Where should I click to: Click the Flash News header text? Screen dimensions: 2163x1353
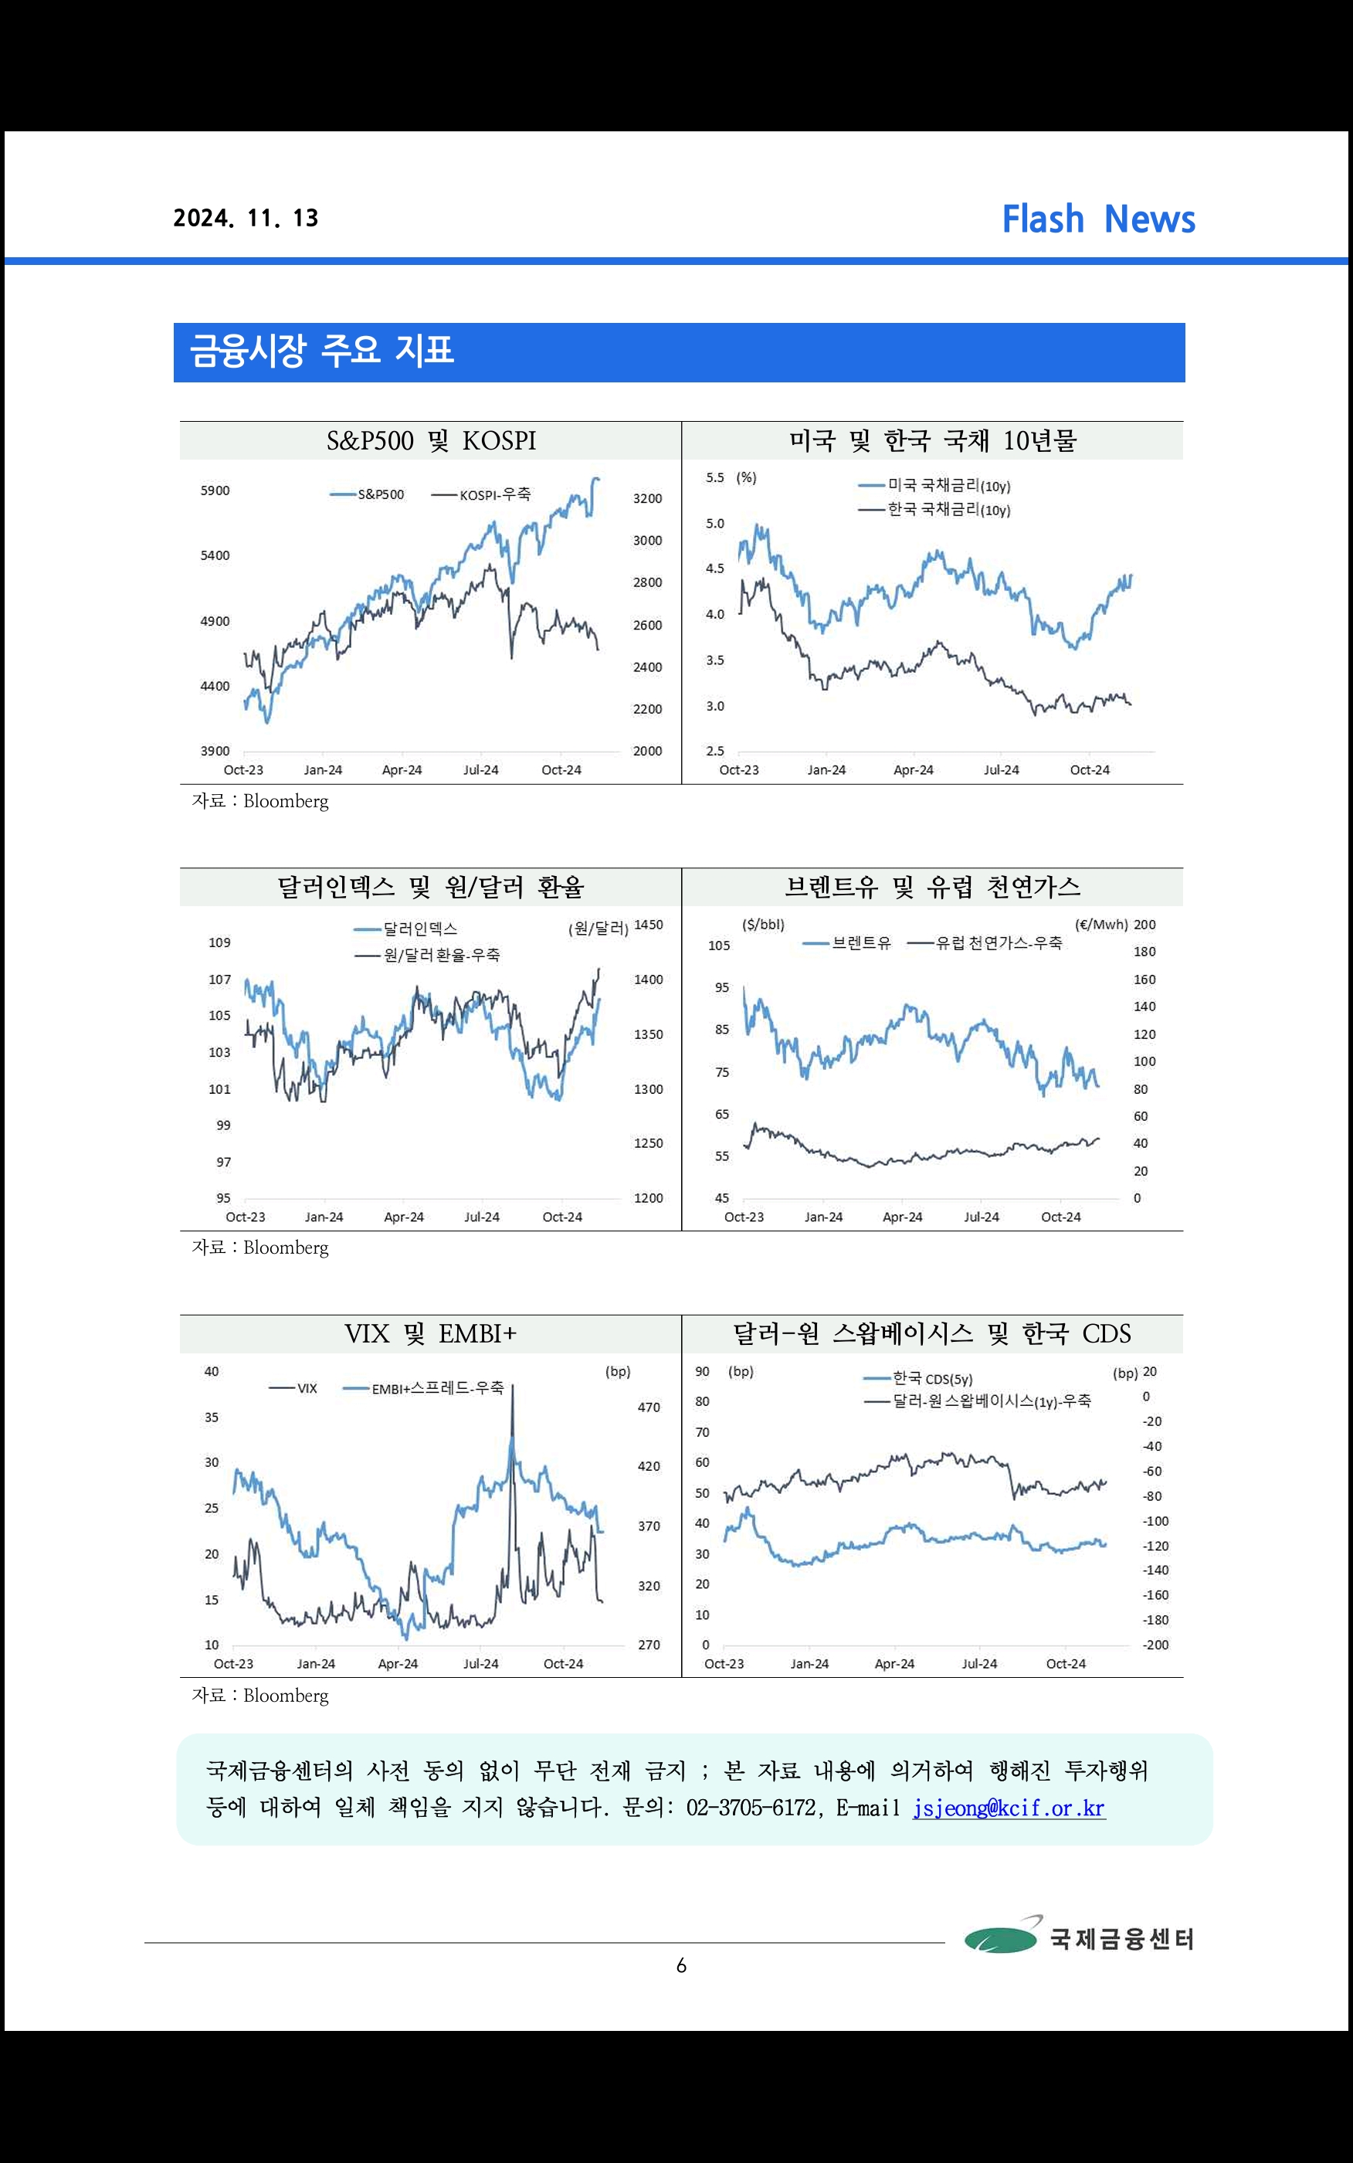point(1098,219)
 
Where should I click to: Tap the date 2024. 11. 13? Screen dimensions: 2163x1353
point(246,219)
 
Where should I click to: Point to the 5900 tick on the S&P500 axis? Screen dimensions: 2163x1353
point(215,491)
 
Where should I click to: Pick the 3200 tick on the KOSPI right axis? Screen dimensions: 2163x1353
point(647,498)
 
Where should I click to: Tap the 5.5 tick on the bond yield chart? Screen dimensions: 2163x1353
point(715,478)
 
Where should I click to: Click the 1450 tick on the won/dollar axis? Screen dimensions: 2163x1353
point(648,925)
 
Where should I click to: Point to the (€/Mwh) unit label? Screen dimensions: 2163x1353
point(1100,925)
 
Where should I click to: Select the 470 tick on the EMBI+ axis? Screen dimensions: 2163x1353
point(649,1407)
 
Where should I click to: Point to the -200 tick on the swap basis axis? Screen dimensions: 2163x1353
point(1155,1645)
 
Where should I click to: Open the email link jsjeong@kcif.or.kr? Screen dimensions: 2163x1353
point(1009,1808)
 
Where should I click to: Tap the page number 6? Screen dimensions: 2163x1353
point(681,1965)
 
